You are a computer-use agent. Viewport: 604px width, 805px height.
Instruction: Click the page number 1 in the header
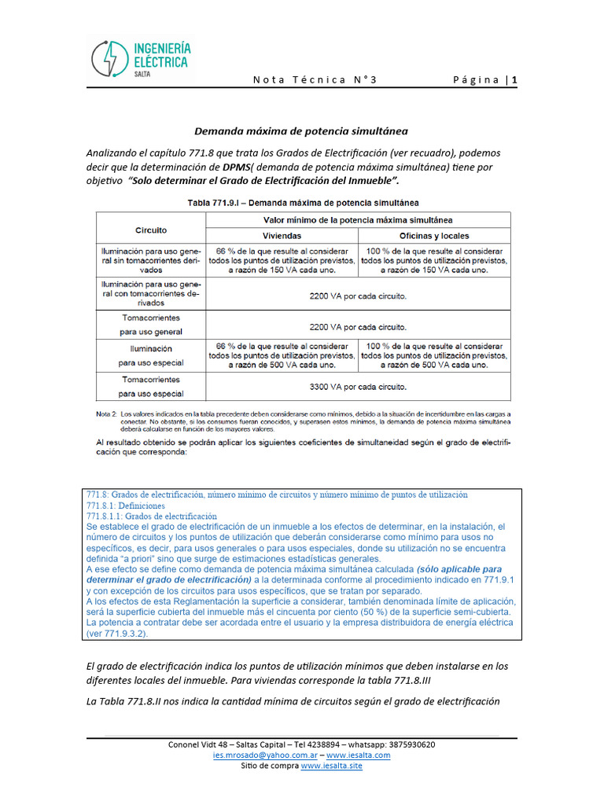coord(514,79)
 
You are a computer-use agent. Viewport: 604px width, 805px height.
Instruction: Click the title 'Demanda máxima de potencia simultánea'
coord(301,130)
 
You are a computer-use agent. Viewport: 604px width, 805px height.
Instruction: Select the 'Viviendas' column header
coord(282,236)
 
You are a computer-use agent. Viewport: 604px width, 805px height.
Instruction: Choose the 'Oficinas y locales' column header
coord(433,236)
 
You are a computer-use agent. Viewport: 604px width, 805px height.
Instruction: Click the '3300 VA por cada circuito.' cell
coord(357,387)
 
